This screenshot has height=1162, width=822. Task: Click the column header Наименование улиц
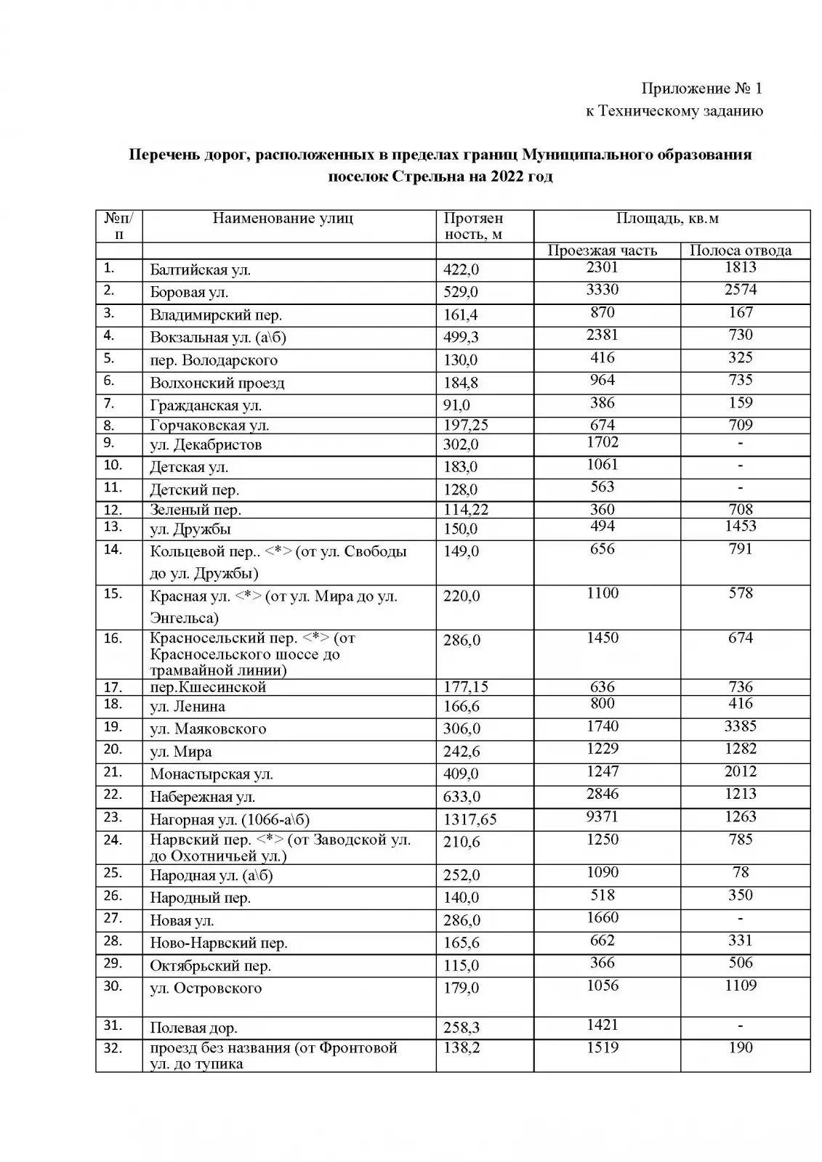(283, 218)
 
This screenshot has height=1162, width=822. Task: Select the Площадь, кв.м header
(667, 218)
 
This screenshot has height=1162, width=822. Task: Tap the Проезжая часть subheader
(602, 251)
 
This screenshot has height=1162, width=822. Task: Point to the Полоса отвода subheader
(740, 251)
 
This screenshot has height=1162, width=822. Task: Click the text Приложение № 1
(701, 89)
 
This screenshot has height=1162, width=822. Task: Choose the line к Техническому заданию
(674, 111)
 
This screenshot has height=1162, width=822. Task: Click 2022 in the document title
(499, 176)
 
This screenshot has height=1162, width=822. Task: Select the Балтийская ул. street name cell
(200, 270)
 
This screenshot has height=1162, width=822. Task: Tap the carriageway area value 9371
(602, 816)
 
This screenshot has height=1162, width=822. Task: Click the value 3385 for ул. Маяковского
(740, 726)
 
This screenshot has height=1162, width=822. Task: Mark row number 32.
(113, 1048)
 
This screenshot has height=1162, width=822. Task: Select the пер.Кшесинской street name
(208, 687)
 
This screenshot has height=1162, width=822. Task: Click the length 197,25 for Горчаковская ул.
(467, 426)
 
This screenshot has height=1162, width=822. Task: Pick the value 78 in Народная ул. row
(740, 871)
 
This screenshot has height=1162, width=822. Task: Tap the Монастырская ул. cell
(211, 774)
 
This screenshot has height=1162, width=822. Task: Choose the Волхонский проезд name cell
(217, 383)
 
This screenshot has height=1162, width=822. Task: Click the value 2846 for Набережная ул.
(602, 794)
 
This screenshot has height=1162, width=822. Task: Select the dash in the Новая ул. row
(740, 918)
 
